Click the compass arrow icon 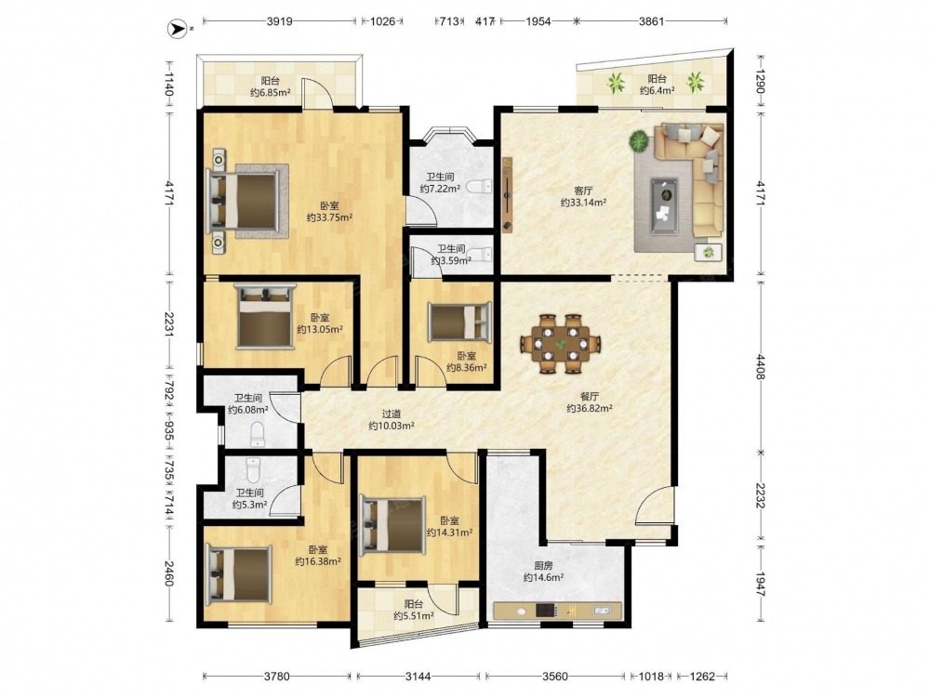coord(176,27)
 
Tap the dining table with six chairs coord(561,343)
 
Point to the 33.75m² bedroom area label coord(330,217)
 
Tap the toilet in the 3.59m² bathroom coord(483,255)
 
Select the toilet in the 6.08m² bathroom coord(258,434)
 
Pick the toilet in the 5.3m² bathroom coord(253,470)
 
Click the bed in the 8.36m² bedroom coord(460,322)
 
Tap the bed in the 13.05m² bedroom coord(264,316)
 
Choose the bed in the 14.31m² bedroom coord(393,524)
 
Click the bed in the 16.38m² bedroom coord(238,574)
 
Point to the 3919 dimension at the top coord(279,22)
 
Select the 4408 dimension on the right coord(761,366)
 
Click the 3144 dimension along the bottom coord(418,676)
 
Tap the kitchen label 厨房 coord(543,566)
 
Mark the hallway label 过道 coord(391,414)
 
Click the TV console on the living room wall coord(508,194)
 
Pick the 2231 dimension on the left coord(167,324)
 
